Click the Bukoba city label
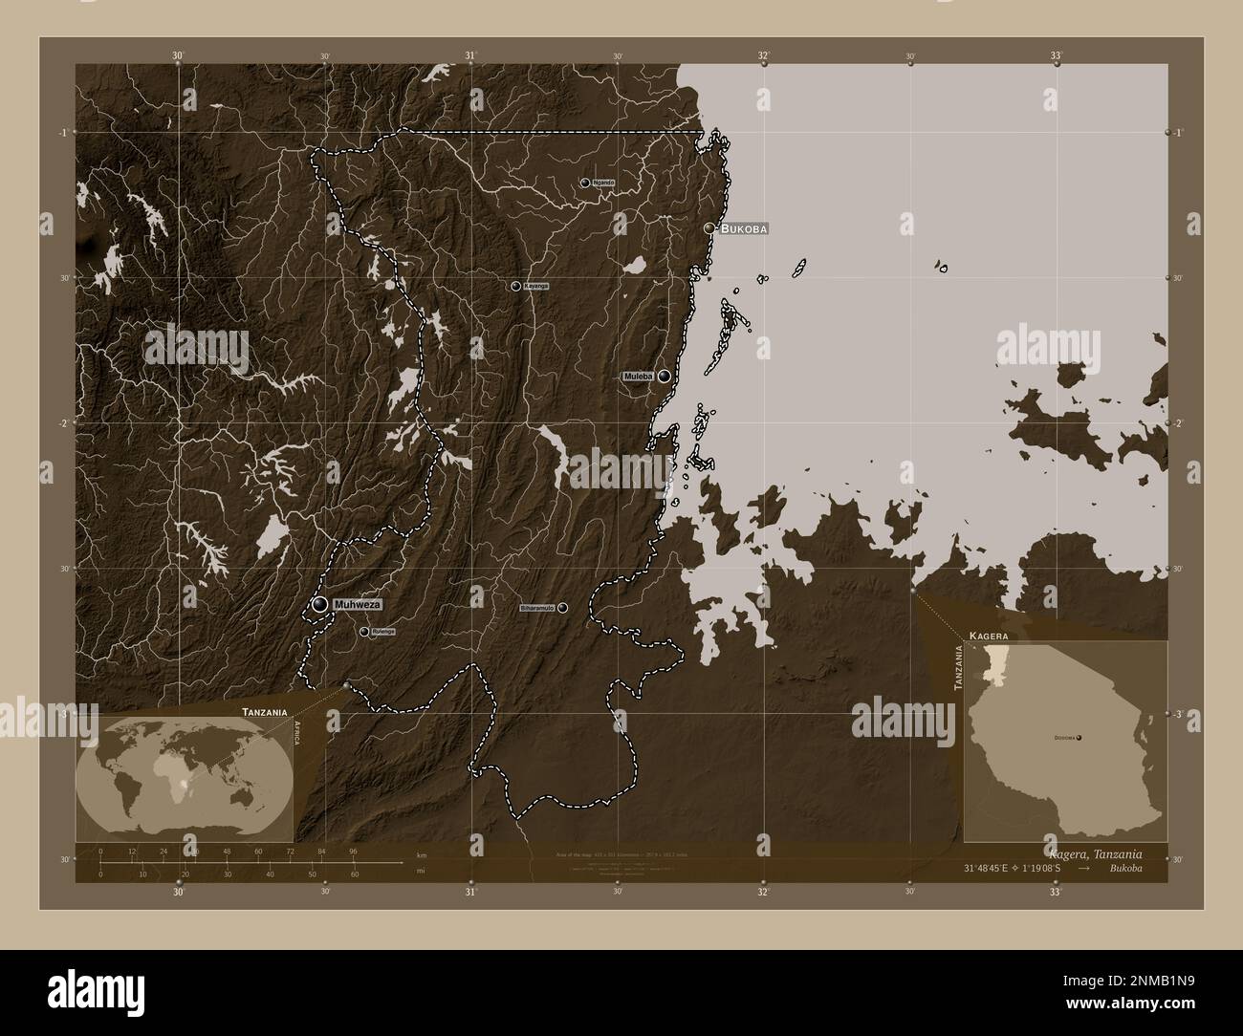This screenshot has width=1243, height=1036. pyautogui.click(x=744, y=229)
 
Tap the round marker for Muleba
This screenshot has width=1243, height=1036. pyautogui.click(x=663, y=377)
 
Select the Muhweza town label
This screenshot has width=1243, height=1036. pyautogui.click(x=359, y=605)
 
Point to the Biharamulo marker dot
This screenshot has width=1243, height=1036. pyautogui.click(x=562, y=608)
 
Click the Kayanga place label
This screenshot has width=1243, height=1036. pyautogui.click(x=536, y=286)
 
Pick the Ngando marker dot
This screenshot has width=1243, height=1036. pyautogui.click(x=584, y=182)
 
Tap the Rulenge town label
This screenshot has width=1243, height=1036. pyautogui.click(x=383, y=632)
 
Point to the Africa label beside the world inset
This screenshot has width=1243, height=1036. pyautogui.click(x=297, y=739)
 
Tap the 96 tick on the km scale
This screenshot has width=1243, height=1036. pyautogui.click(x=353, y=851)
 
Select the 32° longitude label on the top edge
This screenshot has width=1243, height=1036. pyautogui.click(x=763, y=55)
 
